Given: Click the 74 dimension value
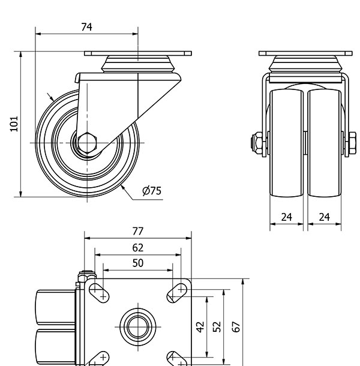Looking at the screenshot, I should [x=86, y=26].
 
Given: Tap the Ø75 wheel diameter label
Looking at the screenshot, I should [x=152, y=191].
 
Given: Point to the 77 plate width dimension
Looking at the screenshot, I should [x=137, y=231].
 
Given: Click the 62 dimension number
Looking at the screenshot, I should [x=137, y=247].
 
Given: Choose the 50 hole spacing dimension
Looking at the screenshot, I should [x=137, y=263].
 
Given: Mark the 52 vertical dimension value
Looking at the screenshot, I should [x=217, y=326].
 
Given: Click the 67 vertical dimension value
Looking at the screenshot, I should [x=236, y=326].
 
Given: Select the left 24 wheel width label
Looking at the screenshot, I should [x=287, y=217].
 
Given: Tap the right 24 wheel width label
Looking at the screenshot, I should [x=324, y=217].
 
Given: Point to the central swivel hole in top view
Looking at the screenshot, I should [x=137, y=326].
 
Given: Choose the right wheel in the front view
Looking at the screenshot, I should [x=325, y=144].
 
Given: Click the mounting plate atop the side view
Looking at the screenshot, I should [x=137, y=53].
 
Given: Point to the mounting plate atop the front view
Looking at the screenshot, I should [x=305, y=53].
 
